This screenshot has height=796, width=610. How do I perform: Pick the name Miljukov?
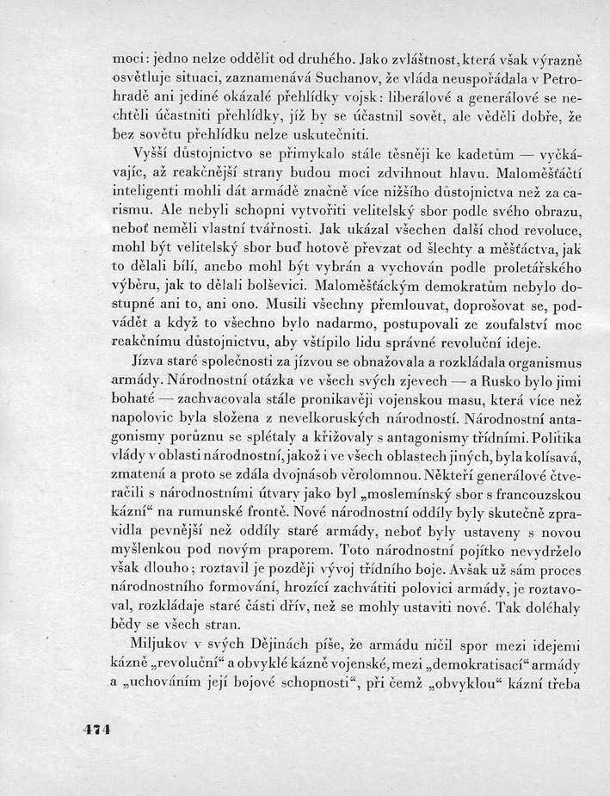pos(161,644)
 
